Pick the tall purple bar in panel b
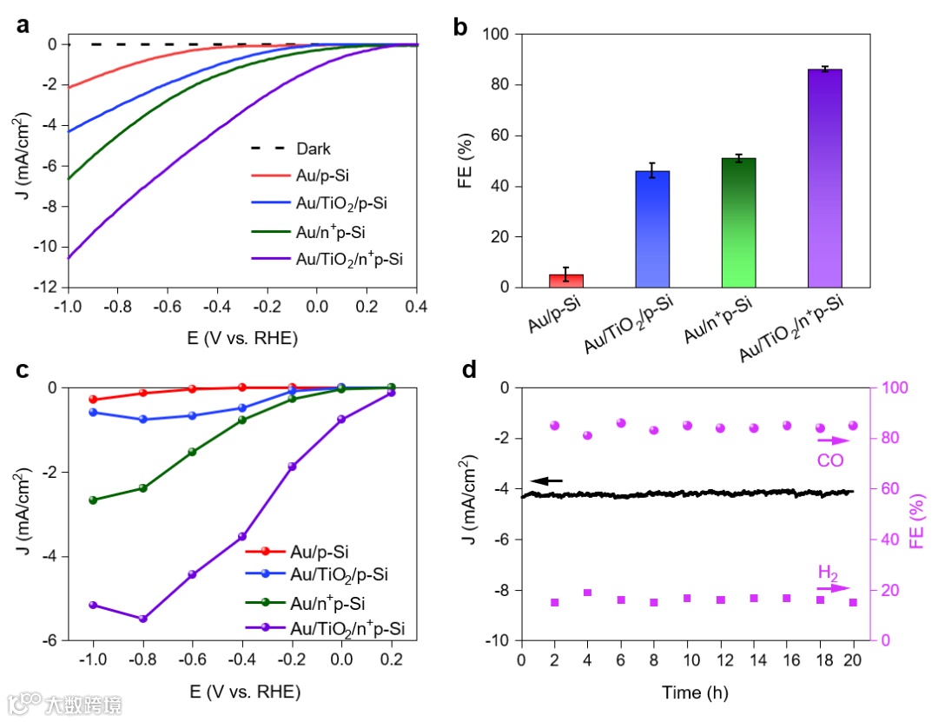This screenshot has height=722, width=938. pos(825,178)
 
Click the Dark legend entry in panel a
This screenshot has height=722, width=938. pos(313,149)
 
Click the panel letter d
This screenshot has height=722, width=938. pos(469,370)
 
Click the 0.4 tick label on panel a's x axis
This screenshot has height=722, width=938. pos(417,307)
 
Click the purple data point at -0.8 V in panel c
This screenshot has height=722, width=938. pos(143,619)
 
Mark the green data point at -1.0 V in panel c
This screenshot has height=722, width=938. pos(93,500)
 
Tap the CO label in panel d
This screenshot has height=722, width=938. pos(830,459)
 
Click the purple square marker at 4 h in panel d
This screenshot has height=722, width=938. pos(588,593)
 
